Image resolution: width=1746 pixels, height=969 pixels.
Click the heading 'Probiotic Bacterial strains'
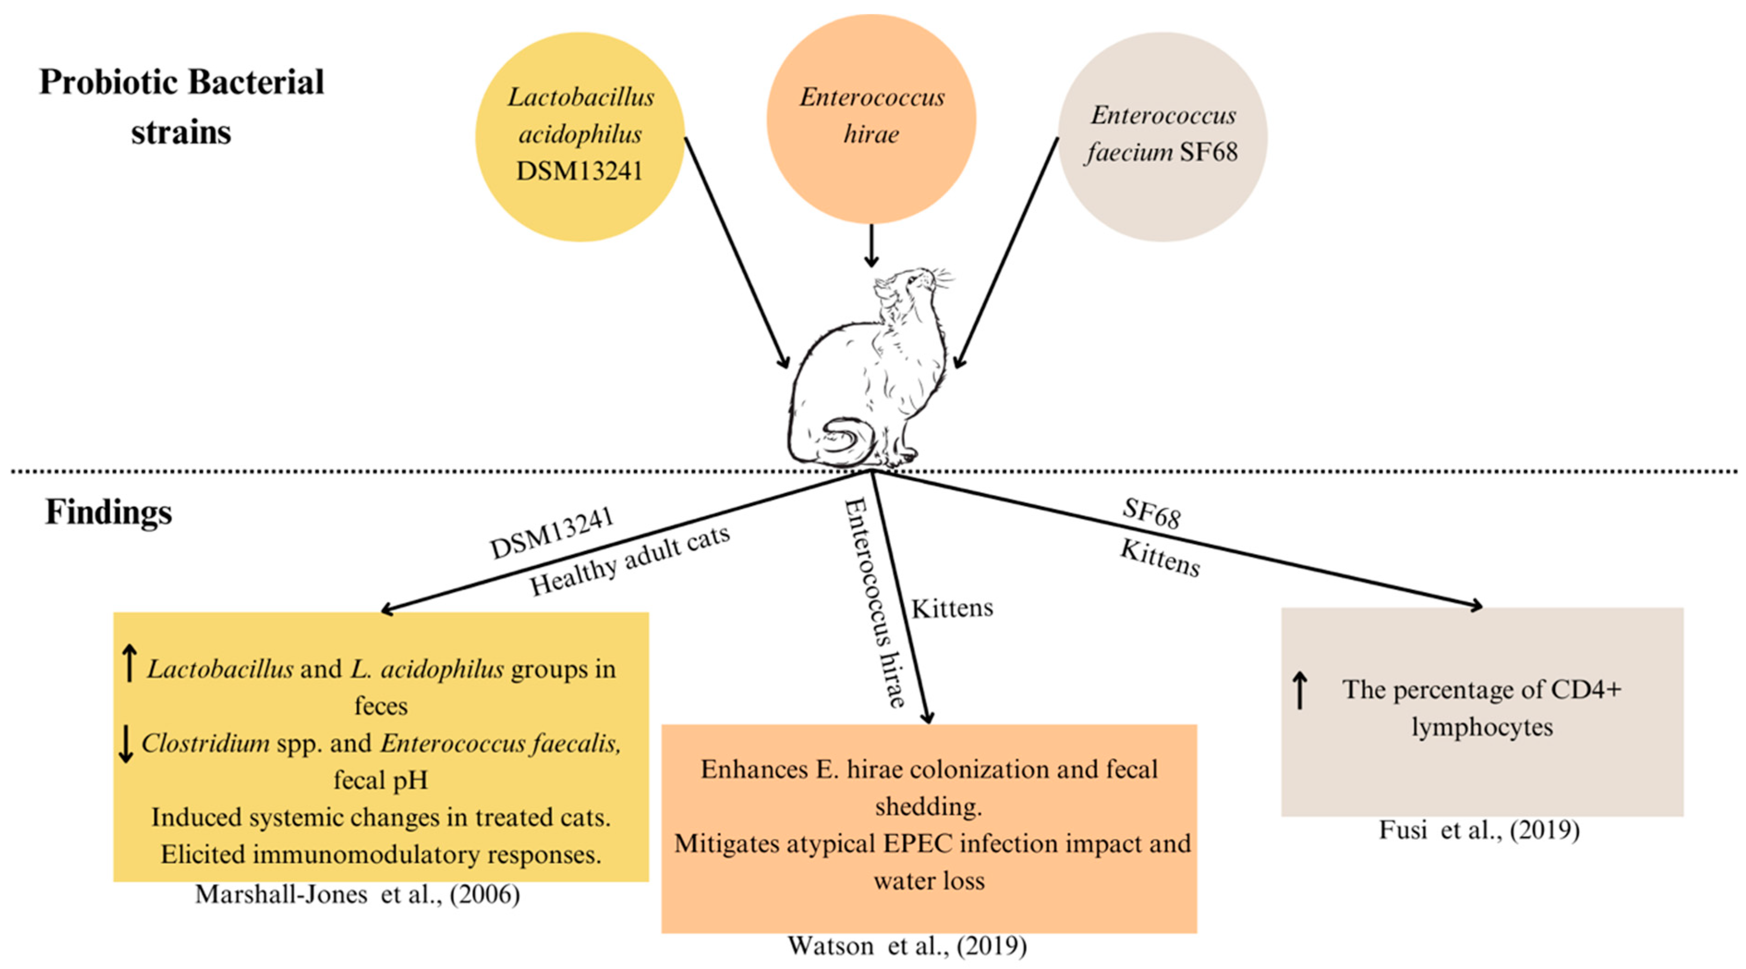click(x=182, y=106)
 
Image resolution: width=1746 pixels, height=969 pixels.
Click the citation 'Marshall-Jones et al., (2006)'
click(x=357, y=895)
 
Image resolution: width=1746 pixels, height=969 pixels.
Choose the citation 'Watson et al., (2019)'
click(x=907, y=945)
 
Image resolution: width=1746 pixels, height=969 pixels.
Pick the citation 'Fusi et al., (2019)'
click(x=1479, y=830)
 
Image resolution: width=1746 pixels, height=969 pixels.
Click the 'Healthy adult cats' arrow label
click(x=629, y=560)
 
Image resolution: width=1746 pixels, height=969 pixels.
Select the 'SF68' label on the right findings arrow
click(x=1152, y=513)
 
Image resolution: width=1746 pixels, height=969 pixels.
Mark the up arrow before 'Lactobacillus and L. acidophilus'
click(x=129, y=663)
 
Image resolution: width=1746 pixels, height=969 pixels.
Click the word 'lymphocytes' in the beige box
click(x=1482, y=727)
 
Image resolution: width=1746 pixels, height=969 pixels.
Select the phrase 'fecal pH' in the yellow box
click(x=381, y=780)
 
